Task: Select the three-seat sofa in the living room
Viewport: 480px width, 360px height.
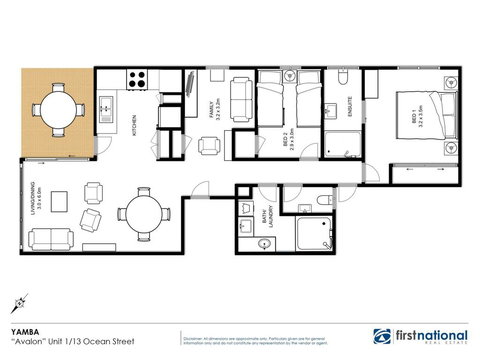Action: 50,240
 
